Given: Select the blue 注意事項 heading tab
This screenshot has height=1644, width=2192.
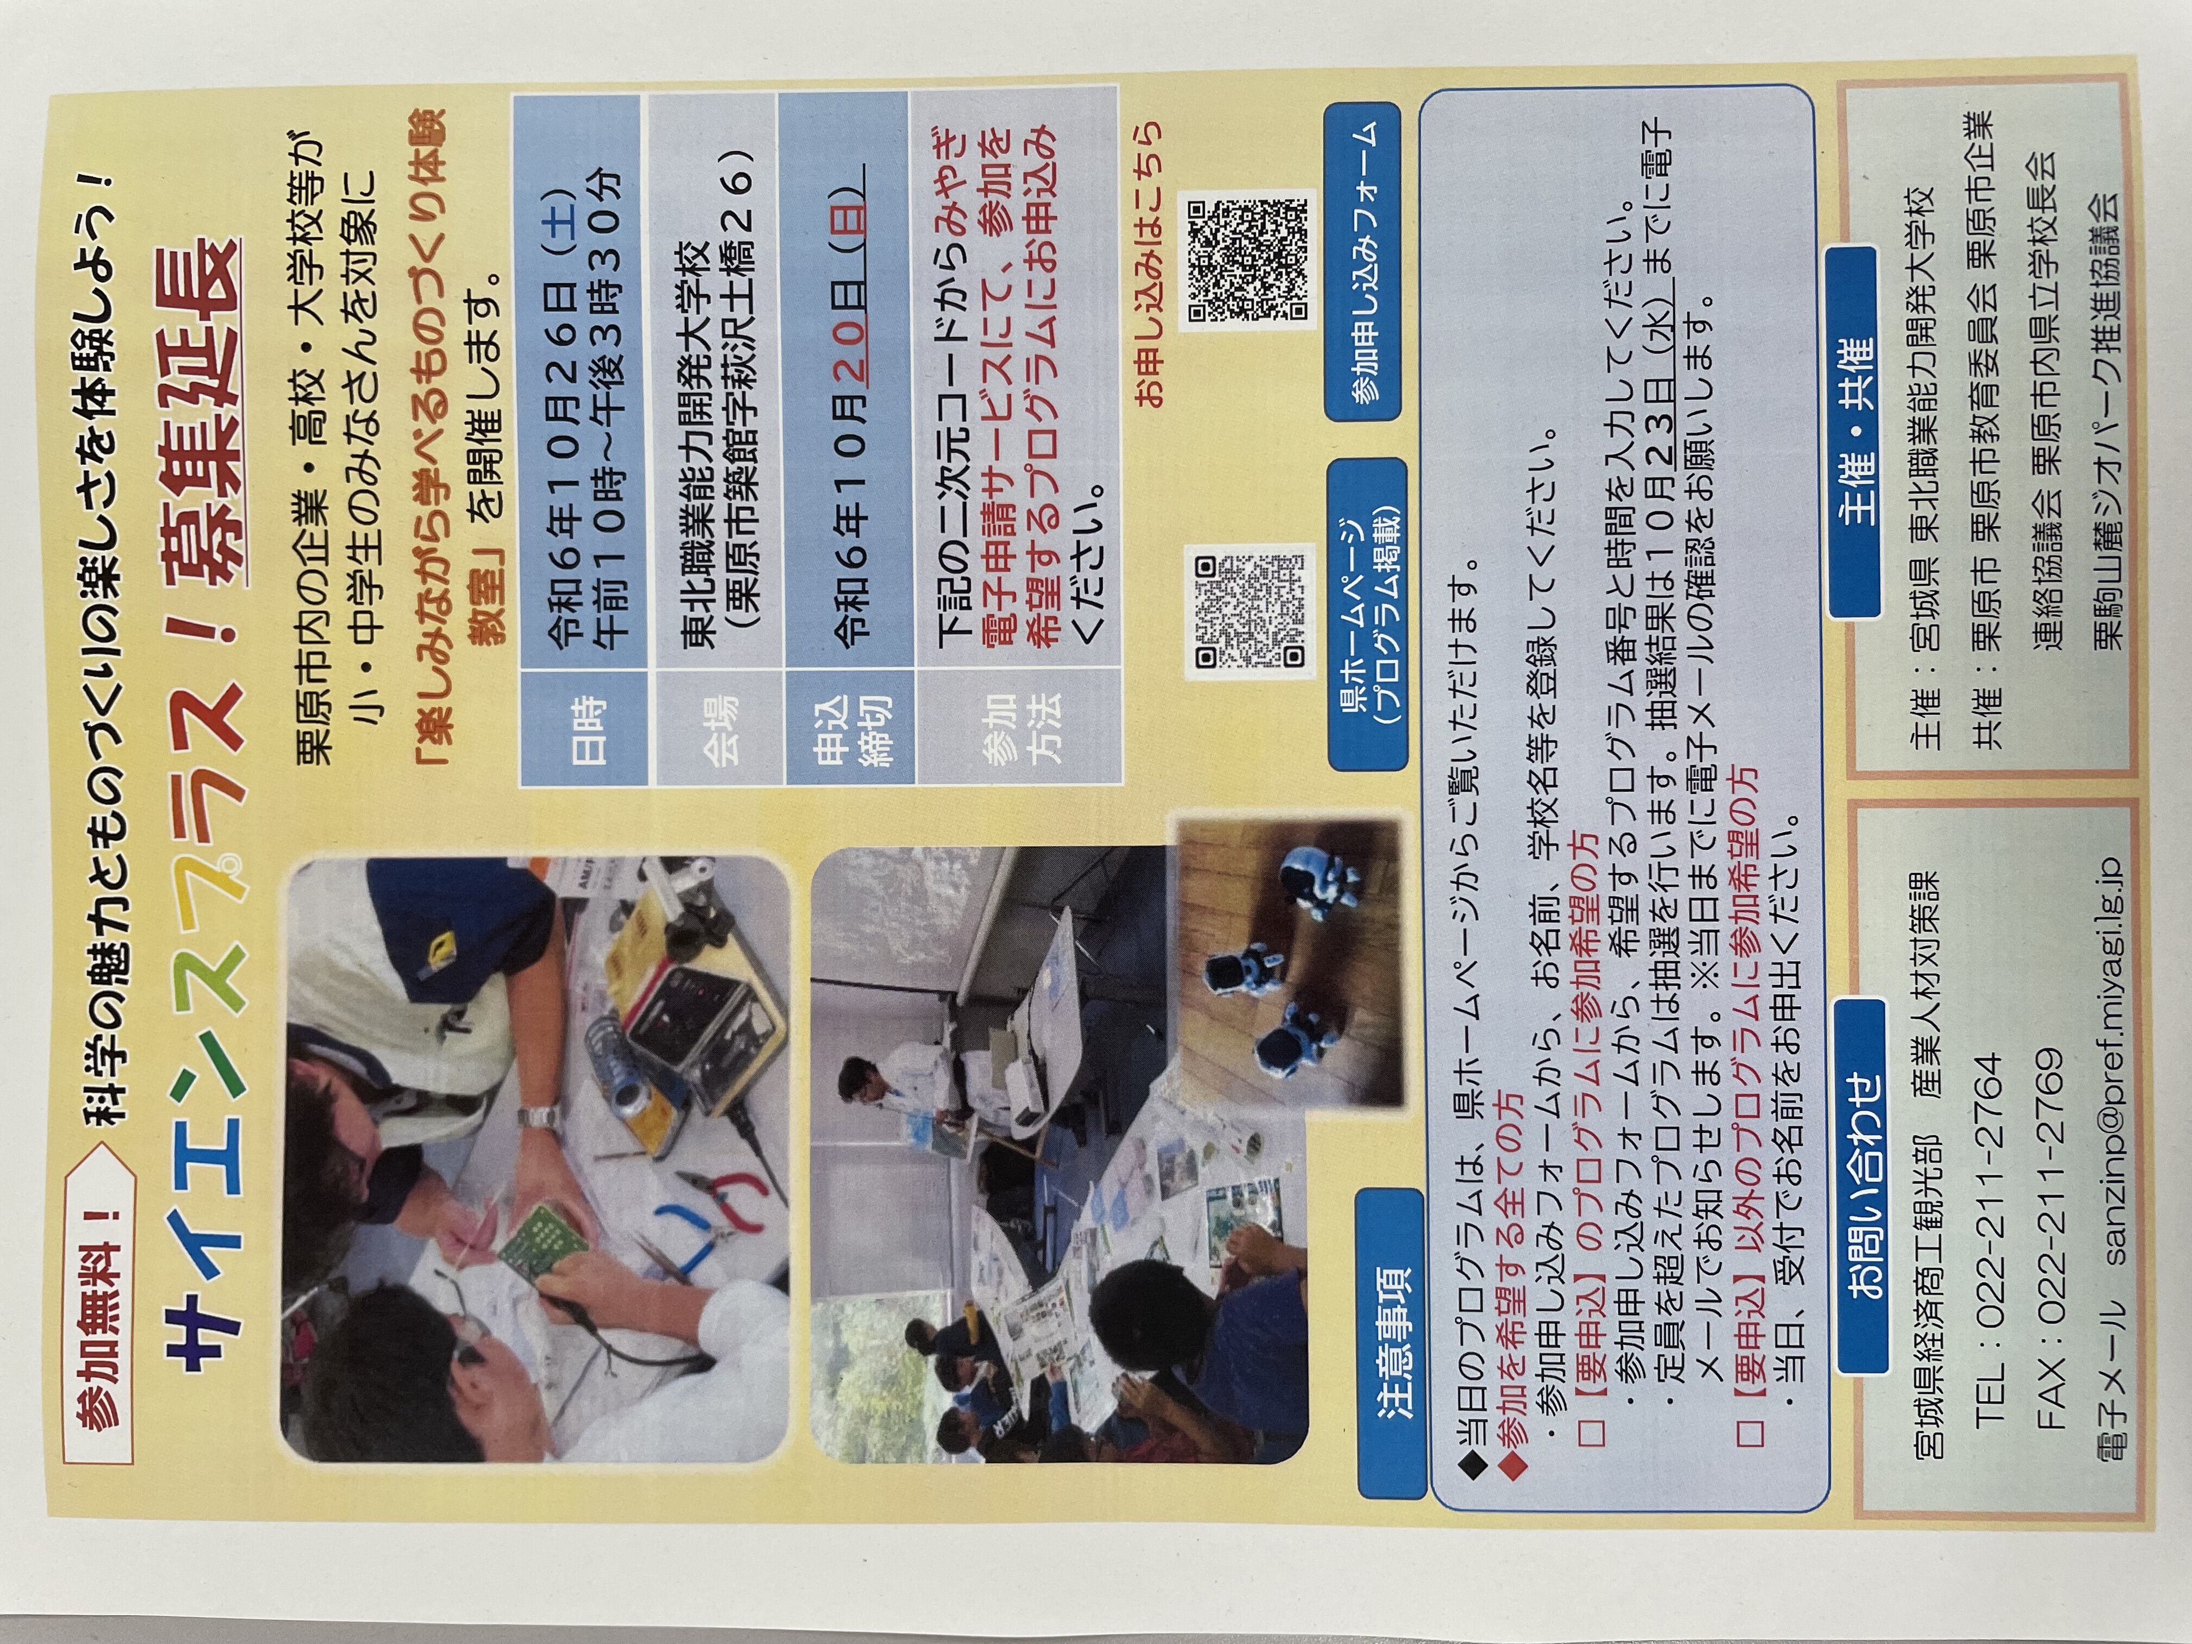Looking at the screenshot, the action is [1392, 1343].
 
